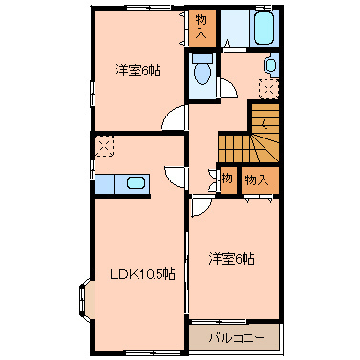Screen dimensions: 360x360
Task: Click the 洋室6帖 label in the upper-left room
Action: (x=137, y=70)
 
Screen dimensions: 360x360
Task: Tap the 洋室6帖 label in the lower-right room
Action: (x=232, y=258)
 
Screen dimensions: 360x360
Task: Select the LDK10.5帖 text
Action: (x=139, y=274)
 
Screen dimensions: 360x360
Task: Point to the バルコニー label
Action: (x=234, y=337)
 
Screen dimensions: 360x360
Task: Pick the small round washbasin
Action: (x=270, y=66)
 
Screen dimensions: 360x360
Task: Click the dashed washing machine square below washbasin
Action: (x=270, y=89)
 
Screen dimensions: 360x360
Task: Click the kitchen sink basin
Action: (x=136, y=182)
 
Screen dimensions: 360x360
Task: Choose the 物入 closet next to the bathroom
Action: (x=200, y=28)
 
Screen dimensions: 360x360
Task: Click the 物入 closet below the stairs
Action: (x=257, y=179)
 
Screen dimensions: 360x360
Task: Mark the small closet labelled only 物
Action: (x=226, y=179)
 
